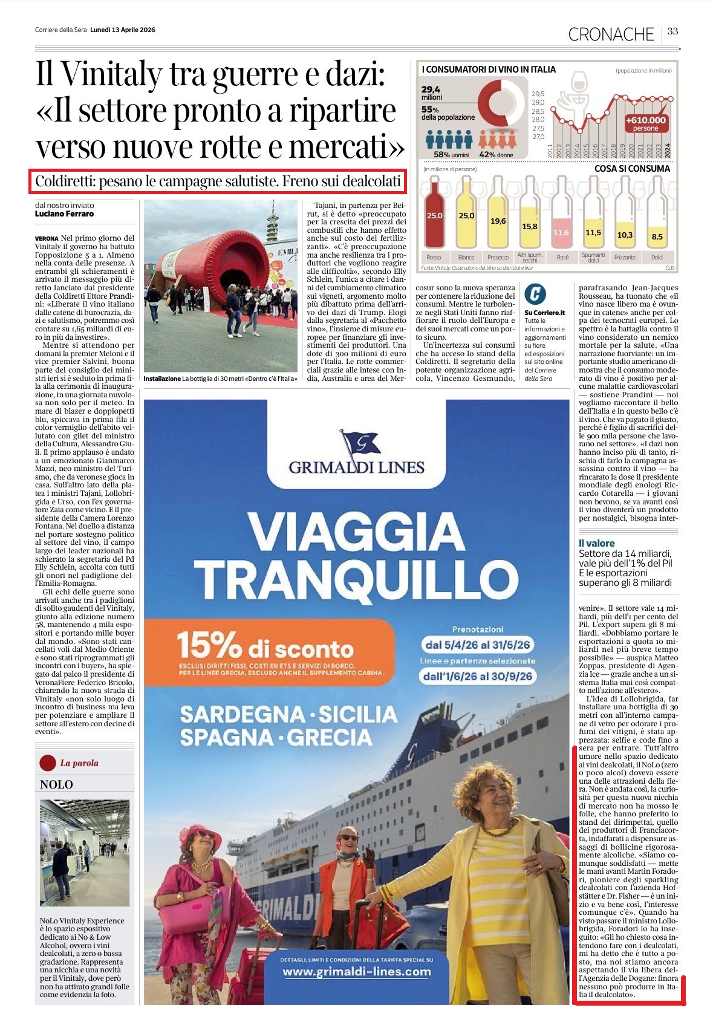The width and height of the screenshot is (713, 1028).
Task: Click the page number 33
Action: (x=672, y=31)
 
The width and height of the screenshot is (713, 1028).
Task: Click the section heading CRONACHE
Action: (x=611, y=34)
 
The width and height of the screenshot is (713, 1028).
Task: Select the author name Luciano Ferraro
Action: (x=64, y=214)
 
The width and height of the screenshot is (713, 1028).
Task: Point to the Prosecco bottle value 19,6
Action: (x=498, y=221)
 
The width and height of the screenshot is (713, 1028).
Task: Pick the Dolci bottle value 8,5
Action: (x=657, y=237)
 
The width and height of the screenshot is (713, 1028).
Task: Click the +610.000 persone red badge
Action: (x=645, y=123)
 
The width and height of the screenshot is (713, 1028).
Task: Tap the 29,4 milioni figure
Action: (x=432, y=93)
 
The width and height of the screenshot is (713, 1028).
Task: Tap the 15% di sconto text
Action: (x=265, y=648)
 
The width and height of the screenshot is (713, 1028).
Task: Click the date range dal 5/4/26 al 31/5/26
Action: (x=477, y=645)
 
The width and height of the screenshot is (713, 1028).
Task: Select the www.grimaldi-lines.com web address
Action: (x=357, y=972)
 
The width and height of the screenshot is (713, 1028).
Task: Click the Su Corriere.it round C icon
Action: (x=535, y=294)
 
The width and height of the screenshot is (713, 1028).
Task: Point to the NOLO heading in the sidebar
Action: (x=56, y=784)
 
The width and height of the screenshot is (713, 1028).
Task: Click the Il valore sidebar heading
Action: (x=596, y=543)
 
